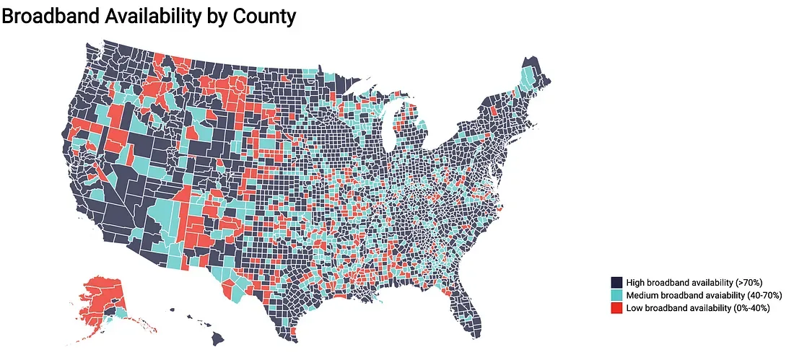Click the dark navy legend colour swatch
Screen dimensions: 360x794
coord(616,282)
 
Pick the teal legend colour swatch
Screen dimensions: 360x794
coord(616,295)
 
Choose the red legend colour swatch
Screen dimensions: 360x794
coord(616,308)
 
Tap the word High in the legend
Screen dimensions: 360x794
coord(635,282)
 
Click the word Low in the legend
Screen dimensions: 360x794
coord(634,308)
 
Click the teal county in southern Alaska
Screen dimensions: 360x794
coord(115,313)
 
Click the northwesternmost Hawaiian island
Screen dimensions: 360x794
coord(173,310)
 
